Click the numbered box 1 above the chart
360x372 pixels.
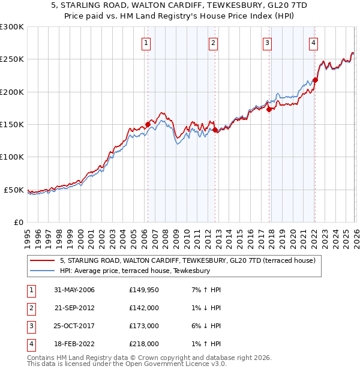(x=147, y=43)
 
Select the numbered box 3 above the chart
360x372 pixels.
(x=267, y=43)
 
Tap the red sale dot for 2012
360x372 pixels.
(x=214, y=129)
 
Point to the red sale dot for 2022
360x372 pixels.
(x=315, y=80)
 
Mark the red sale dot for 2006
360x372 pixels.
(x=148, y=124)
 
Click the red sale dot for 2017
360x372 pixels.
(x=269, y=109)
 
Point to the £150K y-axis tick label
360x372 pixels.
(x=11, y=125)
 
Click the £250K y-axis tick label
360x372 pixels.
(x=11, y=59)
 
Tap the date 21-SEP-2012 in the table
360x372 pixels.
(x=74, y=308)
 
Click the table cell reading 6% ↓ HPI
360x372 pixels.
(x=205, y=326)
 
